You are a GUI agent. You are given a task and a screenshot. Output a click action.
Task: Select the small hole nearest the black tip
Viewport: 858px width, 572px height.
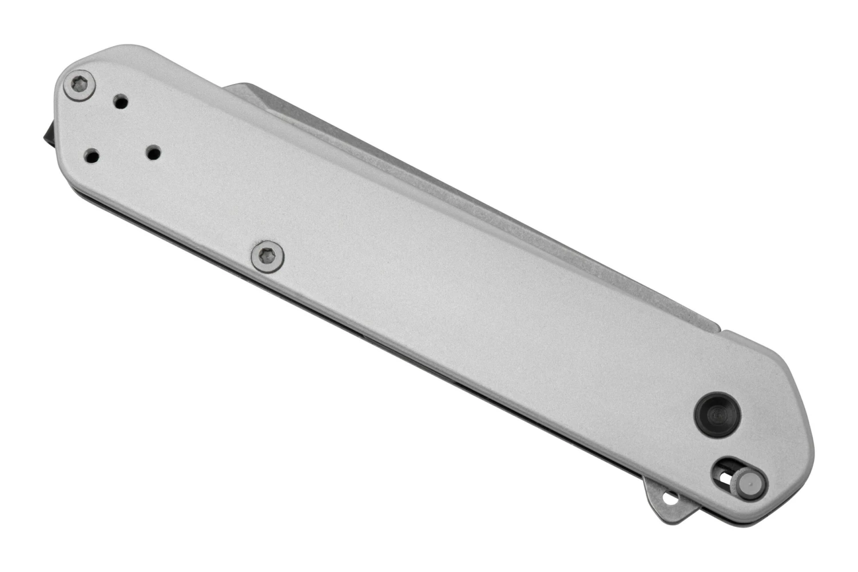(92, 155)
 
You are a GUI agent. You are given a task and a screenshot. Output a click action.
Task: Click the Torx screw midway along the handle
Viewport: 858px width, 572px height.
(268, 255)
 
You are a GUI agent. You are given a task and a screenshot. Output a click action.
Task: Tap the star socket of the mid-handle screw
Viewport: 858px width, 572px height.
(268, 255)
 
